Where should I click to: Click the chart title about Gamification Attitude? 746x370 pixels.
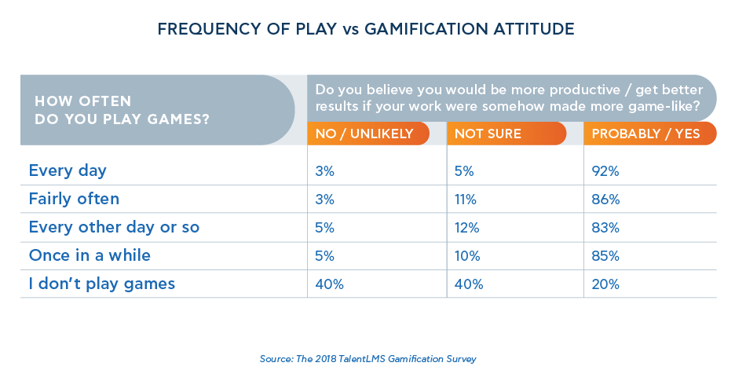pos(366,30)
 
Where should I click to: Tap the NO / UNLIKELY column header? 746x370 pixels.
pos(364,134)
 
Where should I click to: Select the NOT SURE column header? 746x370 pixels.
pos(488,134)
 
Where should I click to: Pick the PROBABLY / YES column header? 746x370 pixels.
pos(645,134)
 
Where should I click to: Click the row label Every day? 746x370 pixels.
pos(68,170)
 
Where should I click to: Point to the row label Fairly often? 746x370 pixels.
pos(74,200)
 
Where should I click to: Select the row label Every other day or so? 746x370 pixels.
pos(114,228)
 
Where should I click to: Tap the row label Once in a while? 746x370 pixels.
pos(90,255)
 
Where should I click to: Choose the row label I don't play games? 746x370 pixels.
pos(102,284)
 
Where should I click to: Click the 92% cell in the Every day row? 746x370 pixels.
pos(605,170)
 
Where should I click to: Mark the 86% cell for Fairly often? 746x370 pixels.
pos(605,200)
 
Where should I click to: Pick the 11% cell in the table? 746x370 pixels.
pos(466,200)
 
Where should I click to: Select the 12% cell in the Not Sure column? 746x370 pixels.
pos(466,228)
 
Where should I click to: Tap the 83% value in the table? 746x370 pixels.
pos(605,228)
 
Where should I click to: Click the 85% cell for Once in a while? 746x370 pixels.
pos(605,255)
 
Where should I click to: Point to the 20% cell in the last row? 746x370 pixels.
pos(605,284)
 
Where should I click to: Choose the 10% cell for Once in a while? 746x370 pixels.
pos(467,255)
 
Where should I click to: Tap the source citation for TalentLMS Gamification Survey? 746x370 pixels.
pos(368,358)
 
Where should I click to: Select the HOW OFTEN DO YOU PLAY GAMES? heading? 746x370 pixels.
pos(126,110)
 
